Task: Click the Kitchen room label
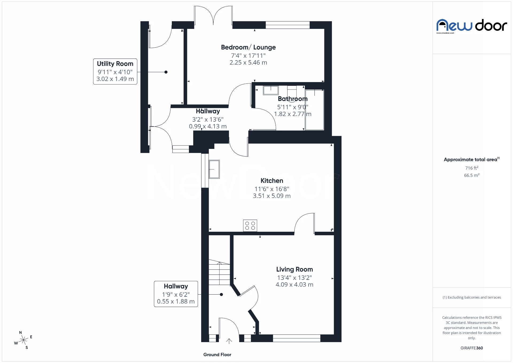(272, 181)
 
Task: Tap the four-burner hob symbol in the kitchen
(250, 226)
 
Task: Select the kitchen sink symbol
(214, 169)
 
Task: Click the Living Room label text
(294, 269)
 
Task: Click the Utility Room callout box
(115, 71)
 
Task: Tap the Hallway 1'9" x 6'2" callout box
(176, 294)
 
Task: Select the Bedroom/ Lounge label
(248, 47)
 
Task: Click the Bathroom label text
(293, 99)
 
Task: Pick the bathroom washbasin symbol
(271, 90)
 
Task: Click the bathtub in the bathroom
(314, 110)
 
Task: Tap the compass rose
(24, 340)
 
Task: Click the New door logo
(472, 26)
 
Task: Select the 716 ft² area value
(472, 168)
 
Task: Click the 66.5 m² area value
(472, 175)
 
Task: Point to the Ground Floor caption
(217, 354)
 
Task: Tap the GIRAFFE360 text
(472, 348)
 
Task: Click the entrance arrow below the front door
(229, 341)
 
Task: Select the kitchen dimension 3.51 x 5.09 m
(272, 196)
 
